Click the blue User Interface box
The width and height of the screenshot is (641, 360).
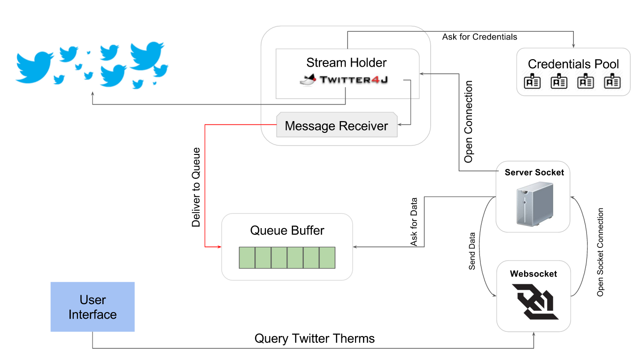click(x=93, y=307)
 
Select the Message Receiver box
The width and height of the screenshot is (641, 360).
click(x=336, y=126)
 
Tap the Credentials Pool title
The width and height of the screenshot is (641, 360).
click(x=573, y=64)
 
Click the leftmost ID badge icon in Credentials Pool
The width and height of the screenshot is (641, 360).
click(x=532, y=82)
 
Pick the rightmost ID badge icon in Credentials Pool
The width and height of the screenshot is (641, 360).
click(x=612, y=82)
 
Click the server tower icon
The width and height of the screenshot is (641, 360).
click(x=534, y=203)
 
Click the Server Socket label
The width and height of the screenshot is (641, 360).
click(x=534, y=173)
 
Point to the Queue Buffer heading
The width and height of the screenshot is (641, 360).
click(x=287, y=230)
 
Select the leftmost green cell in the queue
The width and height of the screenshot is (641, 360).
click(x=247, y=258)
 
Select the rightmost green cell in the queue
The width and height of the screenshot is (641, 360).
click(x=327, y=258)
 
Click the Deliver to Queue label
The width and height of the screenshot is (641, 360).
click(x=196, y=187)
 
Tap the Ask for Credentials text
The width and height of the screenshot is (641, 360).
click(x=479, y=37)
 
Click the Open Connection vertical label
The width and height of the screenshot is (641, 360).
click(x=468, y=122)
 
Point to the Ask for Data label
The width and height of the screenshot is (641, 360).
click(x=414, y=222)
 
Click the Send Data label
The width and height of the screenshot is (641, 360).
click(x=472, y=251)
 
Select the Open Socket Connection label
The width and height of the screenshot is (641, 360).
click(x=600, y=252)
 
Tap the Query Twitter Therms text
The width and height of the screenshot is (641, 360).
click(x=314, y=338)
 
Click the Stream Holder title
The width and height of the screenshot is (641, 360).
click(x=347, y=63)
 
